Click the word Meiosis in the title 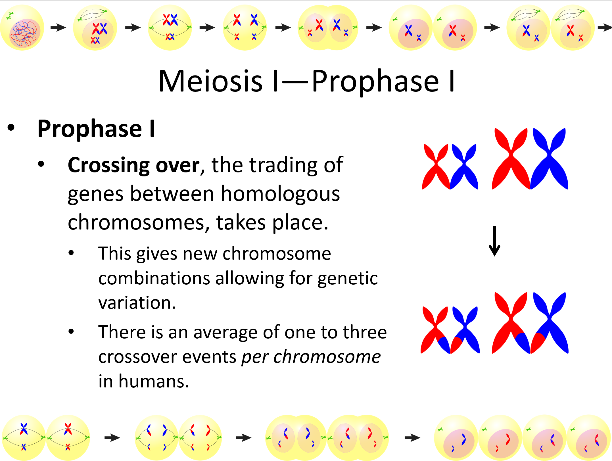point(210,82)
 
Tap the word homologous point(280,194)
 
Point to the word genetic point(348,278)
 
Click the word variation point(137,303)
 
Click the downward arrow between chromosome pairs point(494,241)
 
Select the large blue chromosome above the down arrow point(549,158)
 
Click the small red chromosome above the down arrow point(436,167)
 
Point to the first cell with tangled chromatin point(22,28)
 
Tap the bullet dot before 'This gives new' point(71,253)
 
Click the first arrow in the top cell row point(58,28)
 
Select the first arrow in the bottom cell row point(112,437)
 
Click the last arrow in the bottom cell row point(412,437)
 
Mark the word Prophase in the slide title point(375,82)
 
